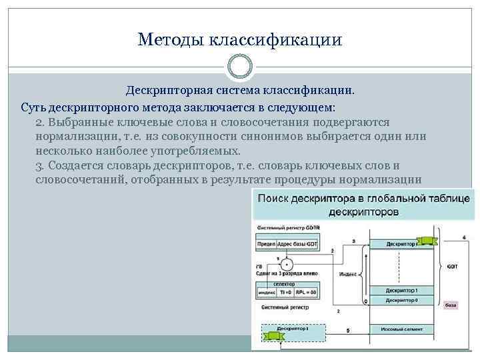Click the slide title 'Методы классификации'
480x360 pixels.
pos(240,40)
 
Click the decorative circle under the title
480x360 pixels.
pos(240,67)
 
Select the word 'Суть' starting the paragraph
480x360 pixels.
pos(33,107)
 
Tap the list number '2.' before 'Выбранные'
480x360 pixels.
pos(41,123)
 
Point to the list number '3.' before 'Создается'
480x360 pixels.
pos(41,166)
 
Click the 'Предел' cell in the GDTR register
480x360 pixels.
pos(265,245)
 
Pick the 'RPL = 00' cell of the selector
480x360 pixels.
pos(307,293)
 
